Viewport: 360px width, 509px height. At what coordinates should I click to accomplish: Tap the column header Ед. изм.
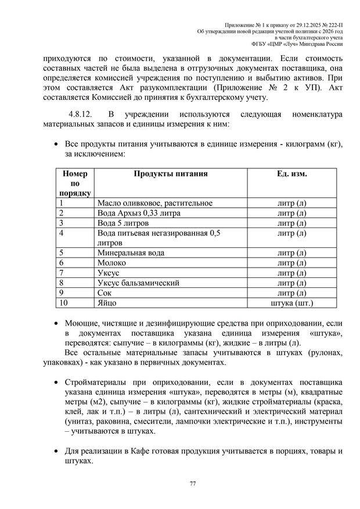(x=291, y=174)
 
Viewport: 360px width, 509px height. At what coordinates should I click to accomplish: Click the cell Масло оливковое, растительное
(x=154, y=203)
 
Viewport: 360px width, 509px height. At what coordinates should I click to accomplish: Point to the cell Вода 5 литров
(x=123, y=223)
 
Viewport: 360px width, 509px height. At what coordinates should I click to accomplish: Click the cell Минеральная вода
(x=132, y=253)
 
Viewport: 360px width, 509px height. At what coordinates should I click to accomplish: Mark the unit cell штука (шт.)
(x=291, y=302)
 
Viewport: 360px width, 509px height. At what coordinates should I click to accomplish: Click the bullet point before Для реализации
(x=55, y=452)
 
